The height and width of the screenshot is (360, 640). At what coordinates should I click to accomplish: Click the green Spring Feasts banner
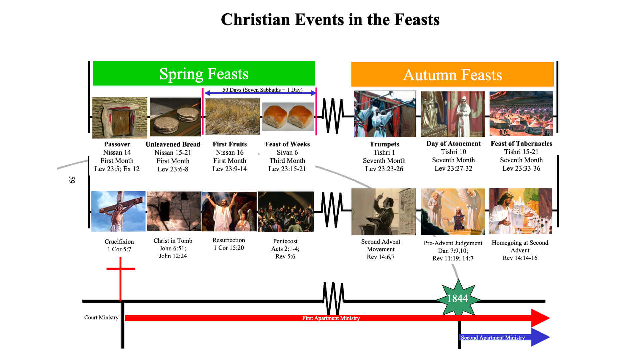[x=204, y=73]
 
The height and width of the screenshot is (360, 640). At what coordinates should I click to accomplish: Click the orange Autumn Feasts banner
[x=452, y=74]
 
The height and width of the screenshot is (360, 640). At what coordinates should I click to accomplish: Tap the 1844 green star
[x=458, y=298]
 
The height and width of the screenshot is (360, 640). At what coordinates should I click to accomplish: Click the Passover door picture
[x=119, y=117]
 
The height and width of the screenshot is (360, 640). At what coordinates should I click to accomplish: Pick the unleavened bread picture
[x=175, y=117]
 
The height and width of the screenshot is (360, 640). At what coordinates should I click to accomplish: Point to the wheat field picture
[x=232, y=116]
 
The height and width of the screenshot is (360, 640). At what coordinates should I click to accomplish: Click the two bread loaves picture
[x=288, y=116]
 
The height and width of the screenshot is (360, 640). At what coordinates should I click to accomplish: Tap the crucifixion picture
[x=118, y=211]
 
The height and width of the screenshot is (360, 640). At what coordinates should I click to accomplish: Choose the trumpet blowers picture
[x=385, y=114]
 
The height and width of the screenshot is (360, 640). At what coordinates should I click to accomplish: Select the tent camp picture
[x=521, y=113]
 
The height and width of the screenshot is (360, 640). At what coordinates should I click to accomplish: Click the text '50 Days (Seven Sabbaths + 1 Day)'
[x=262, y=90]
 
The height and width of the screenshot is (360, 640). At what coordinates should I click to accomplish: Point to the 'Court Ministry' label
[x=101, y=317]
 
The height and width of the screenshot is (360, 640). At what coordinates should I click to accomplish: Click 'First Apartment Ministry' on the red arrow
[x=331, y=318]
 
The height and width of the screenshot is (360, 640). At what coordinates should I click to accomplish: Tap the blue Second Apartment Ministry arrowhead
[x=540, y=337]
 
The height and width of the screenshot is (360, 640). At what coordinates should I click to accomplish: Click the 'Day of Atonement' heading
[x=453, y=144]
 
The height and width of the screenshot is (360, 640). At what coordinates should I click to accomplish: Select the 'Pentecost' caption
[x=285, y=241]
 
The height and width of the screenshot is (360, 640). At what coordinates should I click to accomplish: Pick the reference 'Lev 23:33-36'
[x=521, y=168]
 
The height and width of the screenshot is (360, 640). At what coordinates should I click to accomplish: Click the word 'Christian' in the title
[x=255, y=19]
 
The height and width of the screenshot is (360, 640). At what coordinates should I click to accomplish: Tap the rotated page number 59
[x=72, y=180]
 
